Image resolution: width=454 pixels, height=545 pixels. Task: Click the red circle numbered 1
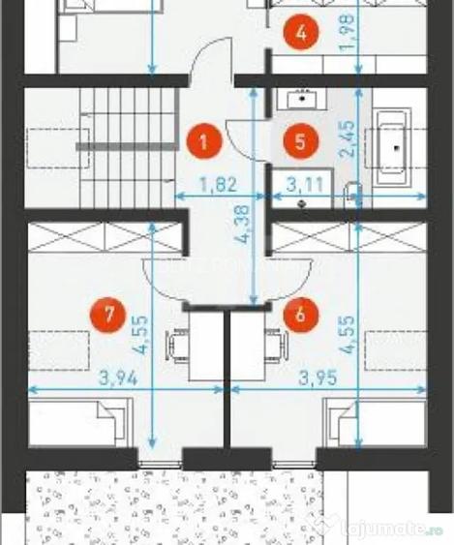pos(203,141)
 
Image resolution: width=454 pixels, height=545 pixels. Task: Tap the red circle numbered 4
pos(301,33)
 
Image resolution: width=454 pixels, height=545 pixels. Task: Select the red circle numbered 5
pos(301,141)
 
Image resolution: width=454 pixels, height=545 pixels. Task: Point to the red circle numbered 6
pos(301,315)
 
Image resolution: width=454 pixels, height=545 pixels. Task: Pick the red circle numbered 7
pos(107,315)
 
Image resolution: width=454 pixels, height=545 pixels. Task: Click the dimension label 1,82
pos(220,184)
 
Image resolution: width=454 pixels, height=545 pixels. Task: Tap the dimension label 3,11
pos(305,184)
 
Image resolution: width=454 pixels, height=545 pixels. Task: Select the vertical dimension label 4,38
pos(243,225)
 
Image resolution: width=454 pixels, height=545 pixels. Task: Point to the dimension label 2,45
pos(348,139)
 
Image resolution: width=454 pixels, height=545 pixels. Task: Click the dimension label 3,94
pos(118,378)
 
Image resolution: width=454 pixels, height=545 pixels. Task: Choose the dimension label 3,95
pos(318,378)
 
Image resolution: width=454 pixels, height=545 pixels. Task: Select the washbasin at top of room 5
pos(302,99)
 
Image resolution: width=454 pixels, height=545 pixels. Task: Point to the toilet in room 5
pos(352,196)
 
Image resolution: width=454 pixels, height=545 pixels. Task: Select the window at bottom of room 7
pos(161,464)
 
